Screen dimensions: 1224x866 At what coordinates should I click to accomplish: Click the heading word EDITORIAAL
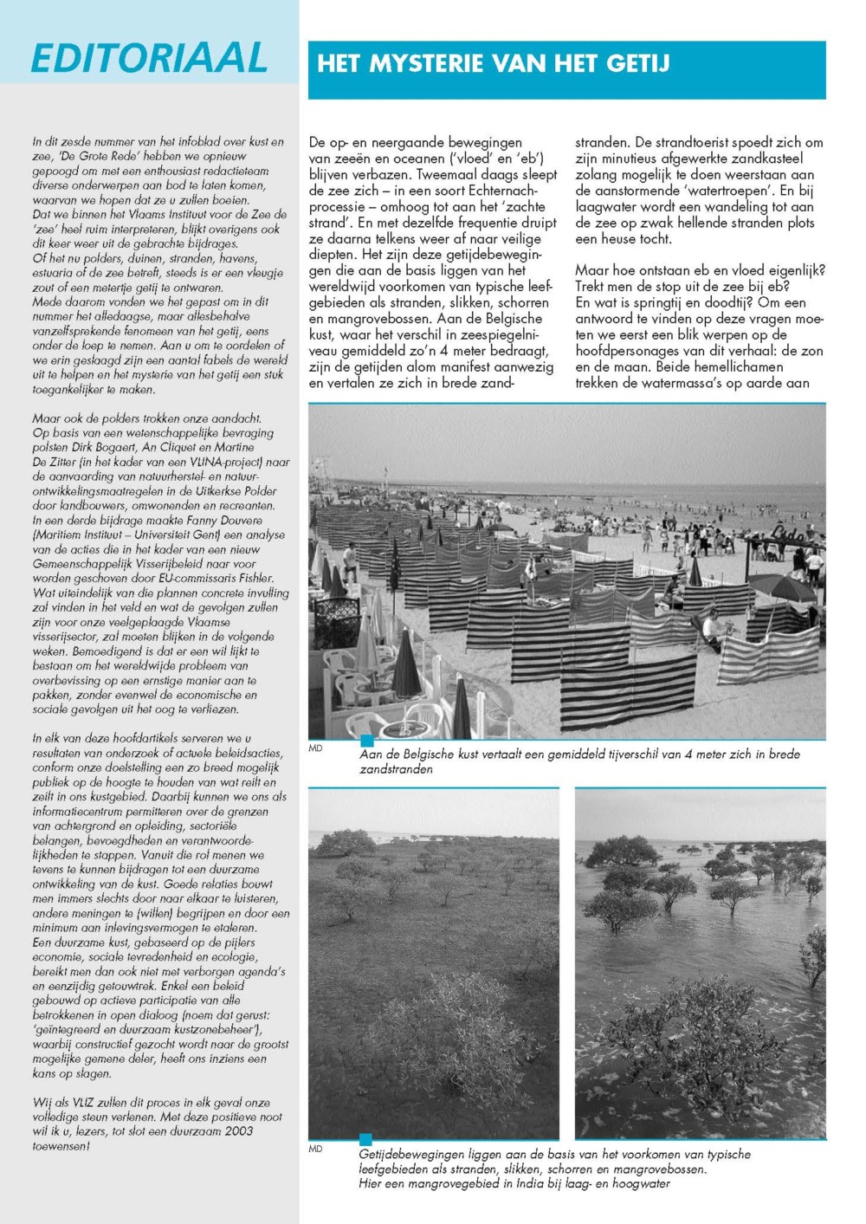(149, 58)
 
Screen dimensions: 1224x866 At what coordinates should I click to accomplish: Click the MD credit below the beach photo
(315, 748)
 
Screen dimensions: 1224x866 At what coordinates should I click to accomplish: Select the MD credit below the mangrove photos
(315, 1150)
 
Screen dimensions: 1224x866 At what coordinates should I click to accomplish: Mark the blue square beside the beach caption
(366, 741)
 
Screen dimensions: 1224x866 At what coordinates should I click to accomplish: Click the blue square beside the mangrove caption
(366, 1139)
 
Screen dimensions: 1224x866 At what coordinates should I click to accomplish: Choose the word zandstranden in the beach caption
(396, 769)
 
